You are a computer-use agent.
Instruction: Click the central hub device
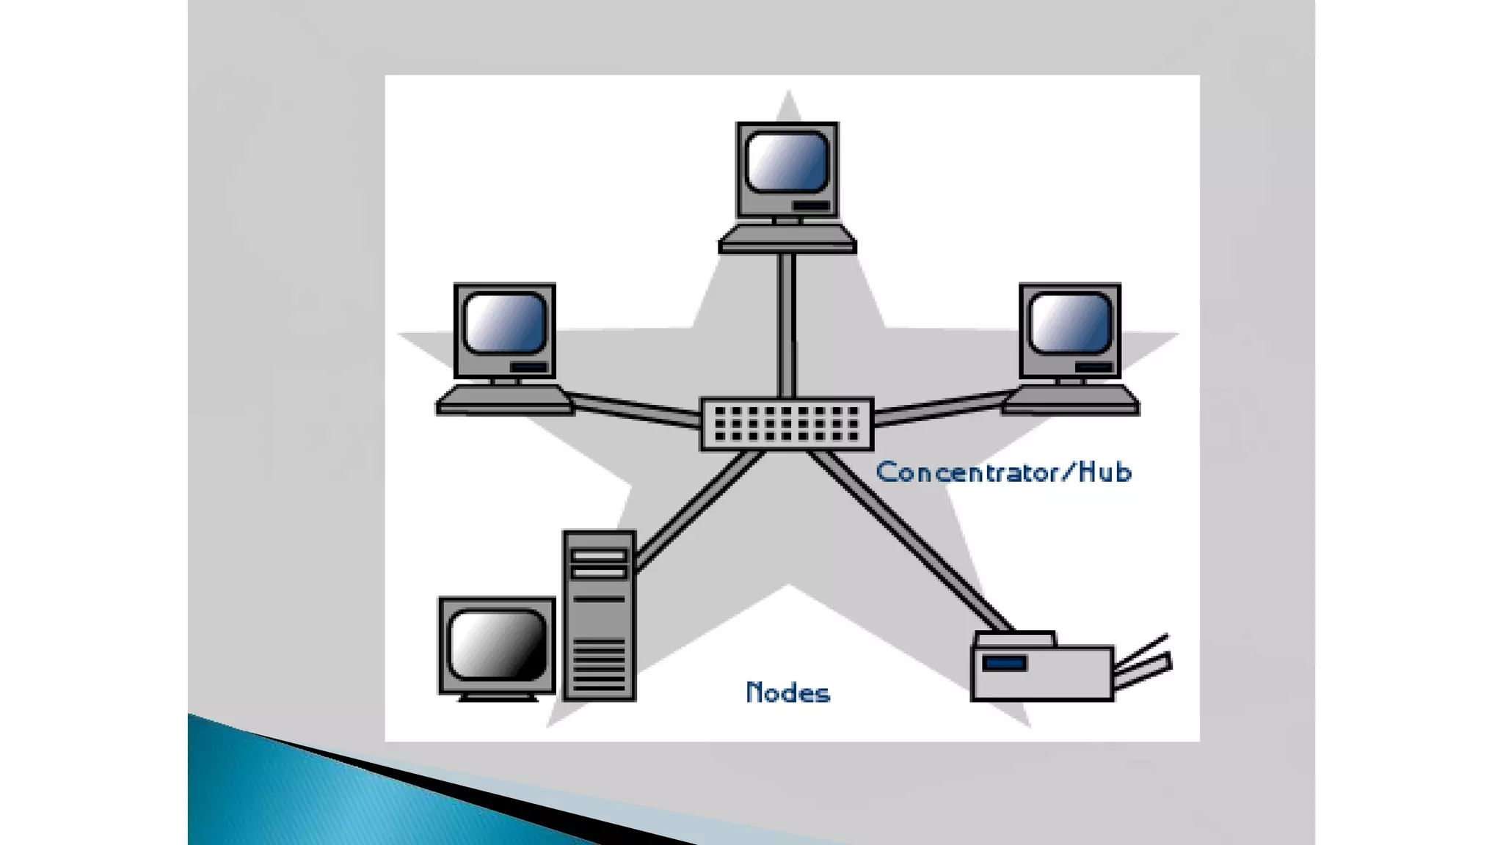click(787, 424)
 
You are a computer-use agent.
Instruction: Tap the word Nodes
click(787, 692)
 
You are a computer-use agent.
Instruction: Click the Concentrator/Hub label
click(1003, 472)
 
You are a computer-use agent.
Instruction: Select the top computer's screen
click(787, 162)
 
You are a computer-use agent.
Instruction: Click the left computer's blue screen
click(505, 323)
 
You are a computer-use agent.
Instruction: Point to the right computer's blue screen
click(1070, 323)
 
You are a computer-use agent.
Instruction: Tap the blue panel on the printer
click(1004, 663)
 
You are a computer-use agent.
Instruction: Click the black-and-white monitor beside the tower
click(497, 645)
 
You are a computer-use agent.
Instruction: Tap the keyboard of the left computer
click(505, 400)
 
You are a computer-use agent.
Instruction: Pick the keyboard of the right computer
click(1070, 400)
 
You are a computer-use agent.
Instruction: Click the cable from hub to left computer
click(636, 409)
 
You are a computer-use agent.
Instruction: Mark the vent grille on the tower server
click(599, 664)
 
